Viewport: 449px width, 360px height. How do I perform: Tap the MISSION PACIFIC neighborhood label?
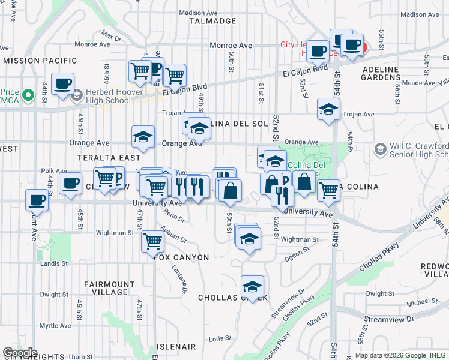point(40,61)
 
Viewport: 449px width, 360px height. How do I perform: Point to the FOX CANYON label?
point(181,257)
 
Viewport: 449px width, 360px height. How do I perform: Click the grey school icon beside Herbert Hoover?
point(77,95)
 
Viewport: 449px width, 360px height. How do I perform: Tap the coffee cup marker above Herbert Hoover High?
point(62,84)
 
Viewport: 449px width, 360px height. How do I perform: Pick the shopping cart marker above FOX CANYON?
point(152,241)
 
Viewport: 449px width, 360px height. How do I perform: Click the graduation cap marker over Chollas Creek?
point(252,286)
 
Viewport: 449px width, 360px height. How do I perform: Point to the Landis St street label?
point(52,262)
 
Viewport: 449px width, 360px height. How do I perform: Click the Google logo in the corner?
point(20,353)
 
